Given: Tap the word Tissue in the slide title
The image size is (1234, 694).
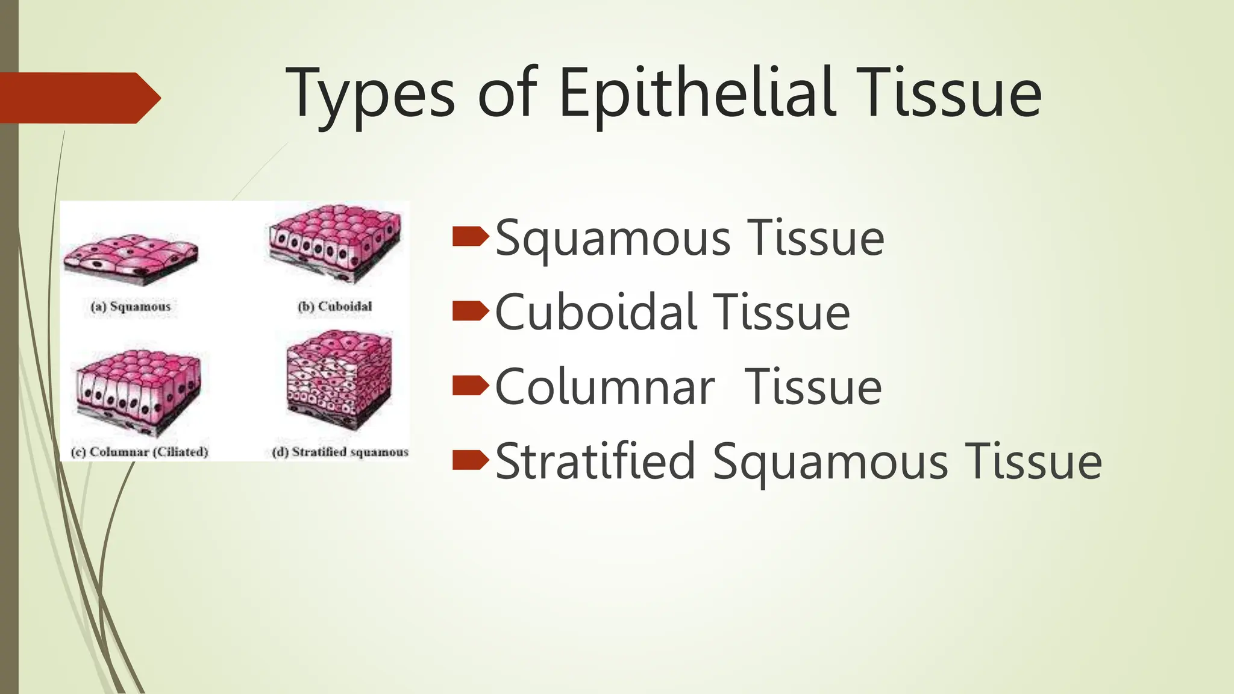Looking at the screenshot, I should [948, 93].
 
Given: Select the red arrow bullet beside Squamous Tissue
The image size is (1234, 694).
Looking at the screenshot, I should [470, 237].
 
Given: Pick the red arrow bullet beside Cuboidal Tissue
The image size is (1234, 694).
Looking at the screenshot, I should [470, 311].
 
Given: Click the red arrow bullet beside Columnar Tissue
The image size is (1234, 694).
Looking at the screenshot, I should [470, 386].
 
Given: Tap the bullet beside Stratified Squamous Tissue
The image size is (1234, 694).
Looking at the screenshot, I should [470, 460].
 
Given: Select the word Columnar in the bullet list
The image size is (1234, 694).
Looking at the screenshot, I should [605, 387].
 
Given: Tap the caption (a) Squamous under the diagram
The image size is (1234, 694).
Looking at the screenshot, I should [131, 307].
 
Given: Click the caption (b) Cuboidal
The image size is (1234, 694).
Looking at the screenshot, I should [335, 306].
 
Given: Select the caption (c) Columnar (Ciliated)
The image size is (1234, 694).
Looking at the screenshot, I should [139, 452].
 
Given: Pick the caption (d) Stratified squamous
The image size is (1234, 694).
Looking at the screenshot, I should [340, 452].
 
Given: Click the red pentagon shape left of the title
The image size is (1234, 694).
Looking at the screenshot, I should [78, 98].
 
